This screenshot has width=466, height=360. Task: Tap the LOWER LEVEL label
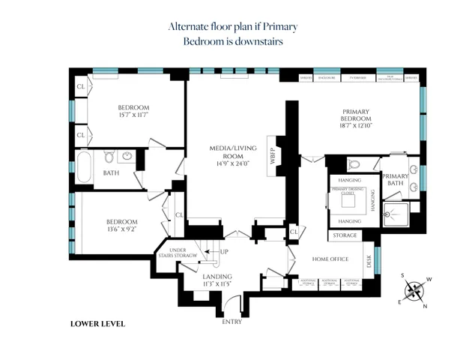tap(97, 324)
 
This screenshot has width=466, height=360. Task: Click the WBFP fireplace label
tap(273, 159)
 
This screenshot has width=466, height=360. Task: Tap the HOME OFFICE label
tap(330, 259)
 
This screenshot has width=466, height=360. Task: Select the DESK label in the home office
tap(369, 260)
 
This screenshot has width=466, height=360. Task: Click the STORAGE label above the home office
tap(345, 235)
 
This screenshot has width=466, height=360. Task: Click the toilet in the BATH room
tap(109, 157)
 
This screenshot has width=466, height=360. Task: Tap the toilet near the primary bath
tap(354, 163)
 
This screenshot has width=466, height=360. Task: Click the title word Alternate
tap(189, 26)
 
